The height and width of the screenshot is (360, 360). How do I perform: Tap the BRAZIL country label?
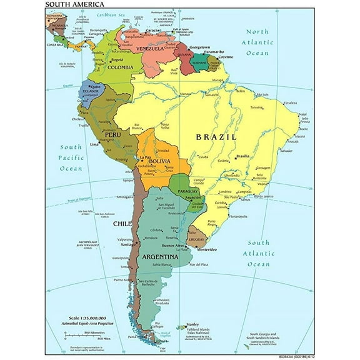pos(216,137)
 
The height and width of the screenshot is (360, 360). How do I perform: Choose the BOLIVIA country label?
pos(159,162)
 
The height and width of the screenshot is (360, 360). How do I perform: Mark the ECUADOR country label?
pos(87,99)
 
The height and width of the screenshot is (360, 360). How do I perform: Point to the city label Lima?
pos(96,144)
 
